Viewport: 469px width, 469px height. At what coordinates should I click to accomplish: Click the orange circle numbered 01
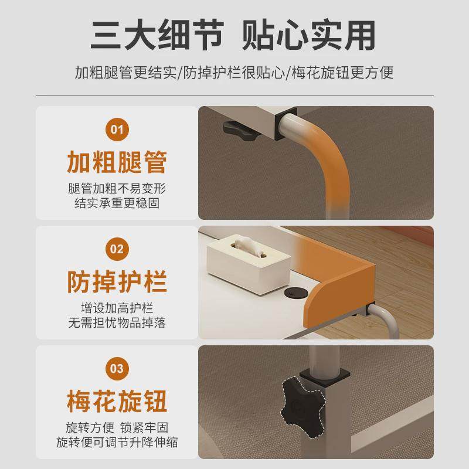pyautogui.click(x=117, y=128)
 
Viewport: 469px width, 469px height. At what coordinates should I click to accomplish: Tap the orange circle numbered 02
pyautogui.click(x=117, y=249)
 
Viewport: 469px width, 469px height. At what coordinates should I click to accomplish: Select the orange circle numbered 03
pyautogui.click(x=117, y=369)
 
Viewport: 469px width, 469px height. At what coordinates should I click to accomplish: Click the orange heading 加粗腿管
pyautogui.click(x=117, y=162)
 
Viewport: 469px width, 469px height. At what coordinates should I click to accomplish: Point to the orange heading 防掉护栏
pyautogui.click(x=117, y=281)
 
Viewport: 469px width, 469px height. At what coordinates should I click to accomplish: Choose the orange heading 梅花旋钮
pyautogui.click(x=117, y=402)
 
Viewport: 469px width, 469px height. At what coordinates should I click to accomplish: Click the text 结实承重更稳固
pyautogui.click(x=117, y=203)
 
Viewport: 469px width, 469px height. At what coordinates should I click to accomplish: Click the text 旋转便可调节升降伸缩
pyautogui.click(x=117, y=441)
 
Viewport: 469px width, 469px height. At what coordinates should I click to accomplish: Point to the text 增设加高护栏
pyautogui.click(x=117, y=308)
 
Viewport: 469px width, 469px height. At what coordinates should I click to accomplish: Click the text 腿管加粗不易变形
pyautogui.click(x=117, y=189)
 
